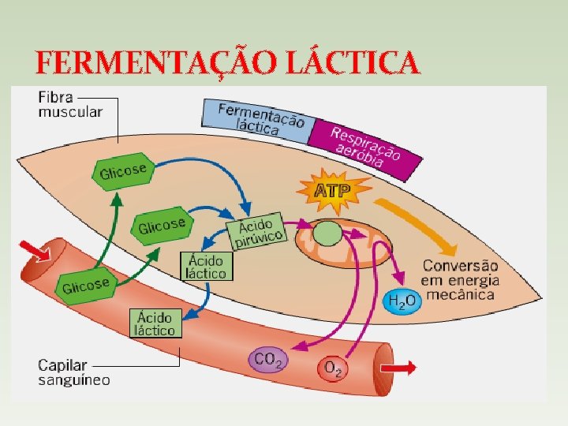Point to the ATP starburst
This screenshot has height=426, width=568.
[332, 190]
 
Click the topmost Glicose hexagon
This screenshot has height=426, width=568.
[122, 169]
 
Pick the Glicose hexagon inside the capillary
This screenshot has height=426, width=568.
[85, 284]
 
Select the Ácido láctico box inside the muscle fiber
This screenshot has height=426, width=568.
[205, 267]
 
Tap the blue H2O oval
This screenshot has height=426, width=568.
[400, 300]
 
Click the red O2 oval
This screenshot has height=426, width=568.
[333, 368]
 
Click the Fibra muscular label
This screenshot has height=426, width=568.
[69, 105]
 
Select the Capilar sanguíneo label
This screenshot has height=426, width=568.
[74, 372]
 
